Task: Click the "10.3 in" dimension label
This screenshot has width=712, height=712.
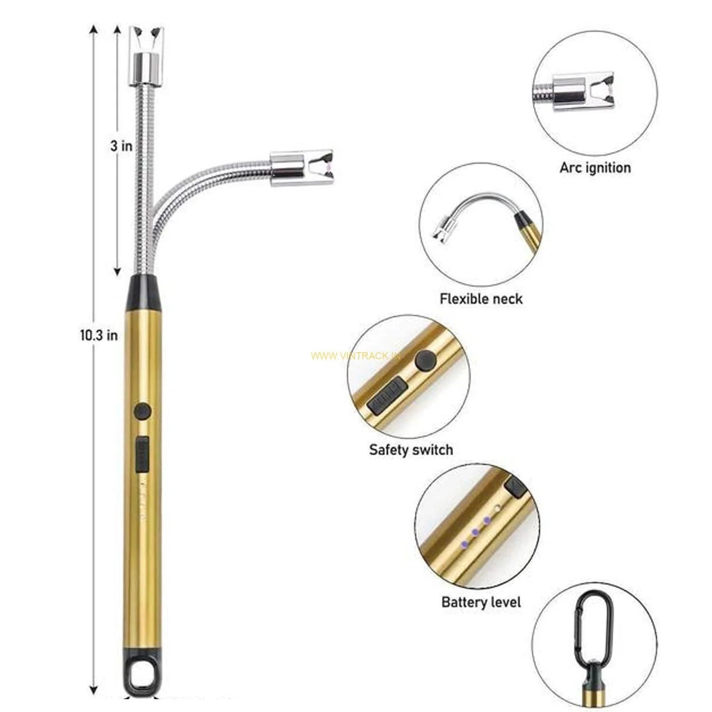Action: pyautogui.click(x=99, y=336)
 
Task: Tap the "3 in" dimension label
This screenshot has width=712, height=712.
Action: pyautogui.click(x=122, y=146)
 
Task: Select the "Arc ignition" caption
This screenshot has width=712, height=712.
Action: pyautogui.click(x=595, y=168)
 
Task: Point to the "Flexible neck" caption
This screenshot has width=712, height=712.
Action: pyautogui.click(x=481, y=299)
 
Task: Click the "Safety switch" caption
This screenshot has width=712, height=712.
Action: pyautogui.click(x=411, y=450)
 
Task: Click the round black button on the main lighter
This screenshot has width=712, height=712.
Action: pyautogui.click(x=142, y=411)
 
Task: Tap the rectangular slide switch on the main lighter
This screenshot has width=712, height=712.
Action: pyautogui.click(x=141, y=455)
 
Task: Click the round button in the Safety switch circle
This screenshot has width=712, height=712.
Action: pyautogui.click(x=426, y=361)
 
